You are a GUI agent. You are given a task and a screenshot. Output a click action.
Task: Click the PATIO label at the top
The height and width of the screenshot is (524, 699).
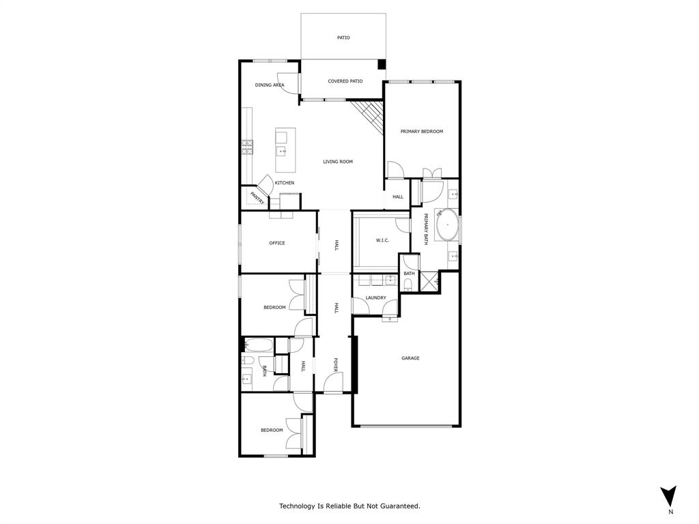click(x=343, y=38)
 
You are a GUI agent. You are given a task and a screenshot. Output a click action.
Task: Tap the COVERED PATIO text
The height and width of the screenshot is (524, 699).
click(x=345, y=81)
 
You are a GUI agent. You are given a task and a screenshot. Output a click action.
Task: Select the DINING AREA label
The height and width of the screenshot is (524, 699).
click(x=269, y=85)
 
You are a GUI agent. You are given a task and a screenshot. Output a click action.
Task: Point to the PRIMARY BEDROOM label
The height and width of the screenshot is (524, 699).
click(x=422, y=131)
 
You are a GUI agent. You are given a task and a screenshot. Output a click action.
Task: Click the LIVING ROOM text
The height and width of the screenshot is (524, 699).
click(x=338, y=162)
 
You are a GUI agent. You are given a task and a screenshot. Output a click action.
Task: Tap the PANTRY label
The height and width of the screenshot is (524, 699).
click(x=257, y=198)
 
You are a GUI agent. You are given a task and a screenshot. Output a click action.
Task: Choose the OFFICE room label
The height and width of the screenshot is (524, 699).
click(x=276, y=243)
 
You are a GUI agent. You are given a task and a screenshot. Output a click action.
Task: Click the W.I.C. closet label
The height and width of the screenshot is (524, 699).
click(x=382, y=240)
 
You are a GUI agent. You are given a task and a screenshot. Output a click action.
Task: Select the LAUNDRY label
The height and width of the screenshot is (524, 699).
click(x=375, y=297)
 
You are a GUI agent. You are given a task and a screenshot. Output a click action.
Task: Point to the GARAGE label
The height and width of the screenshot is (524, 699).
click(x=410, y=358)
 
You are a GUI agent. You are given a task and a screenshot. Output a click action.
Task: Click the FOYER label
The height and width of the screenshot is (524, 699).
click(x=336, y=366)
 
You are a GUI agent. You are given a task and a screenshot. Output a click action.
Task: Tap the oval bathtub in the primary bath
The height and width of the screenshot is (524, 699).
click(x=448, y=224)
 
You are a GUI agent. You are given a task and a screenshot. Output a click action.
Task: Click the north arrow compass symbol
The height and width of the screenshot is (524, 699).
click(x=670, y=496)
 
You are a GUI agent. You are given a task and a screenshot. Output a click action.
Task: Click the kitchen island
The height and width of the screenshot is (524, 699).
click(x=285, y=150)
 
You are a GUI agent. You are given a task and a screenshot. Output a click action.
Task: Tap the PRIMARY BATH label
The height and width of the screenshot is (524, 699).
click(x=426, y=230)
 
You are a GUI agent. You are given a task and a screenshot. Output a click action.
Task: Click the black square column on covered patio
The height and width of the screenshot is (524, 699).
click(x=382, y=65)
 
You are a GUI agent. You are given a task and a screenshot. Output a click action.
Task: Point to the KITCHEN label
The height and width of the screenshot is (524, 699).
click(x=285, y=183)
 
